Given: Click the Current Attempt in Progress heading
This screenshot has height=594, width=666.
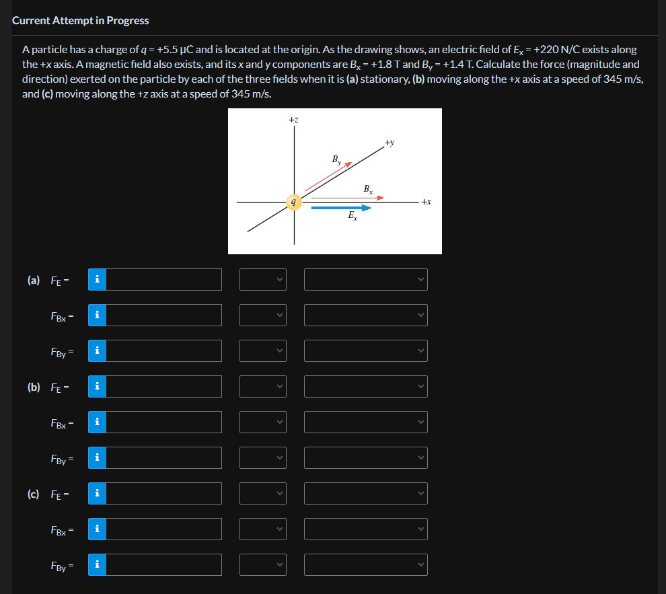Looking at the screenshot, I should [x=81, y=20].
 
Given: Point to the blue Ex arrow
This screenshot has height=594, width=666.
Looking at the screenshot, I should [x=340, y=208].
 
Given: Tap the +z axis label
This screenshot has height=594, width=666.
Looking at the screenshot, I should [x=293, y=120].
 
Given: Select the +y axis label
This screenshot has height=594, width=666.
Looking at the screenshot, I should [x=390, y=143].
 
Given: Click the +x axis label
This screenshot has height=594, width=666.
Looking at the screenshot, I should [x=426, y=201].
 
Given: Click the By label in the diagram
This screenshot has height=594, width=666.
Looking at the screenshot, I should [x=336, y=160].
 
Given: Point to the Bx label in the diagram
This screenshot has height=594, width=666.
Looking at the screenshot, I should [x=368, y=189].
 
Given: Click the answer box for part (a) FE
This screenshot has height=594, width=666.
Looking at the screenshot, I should [x=163, y=279].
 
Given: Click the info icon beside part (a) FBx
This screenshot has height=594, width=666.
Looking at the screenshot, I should [x=97, y=315].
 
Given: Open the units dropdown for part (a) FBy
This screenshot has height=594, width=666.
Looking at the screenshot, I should [x=263, y=350].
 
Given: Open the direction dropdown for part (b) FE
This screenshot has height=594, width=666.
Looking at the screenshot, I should [x=365, y=386].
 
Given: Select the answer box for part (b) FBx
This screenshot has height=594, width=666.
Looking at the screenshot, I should [x=163, y=422].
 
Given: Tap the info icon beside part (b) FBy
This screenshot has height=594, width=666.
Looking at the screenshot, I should [x=97, y=457].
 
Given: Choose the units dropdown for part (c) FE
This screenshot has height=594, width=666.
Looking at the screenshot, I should [x=263, y=493].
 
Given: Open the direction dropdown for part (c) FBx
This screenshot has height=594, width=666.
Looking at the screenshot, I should [x=365, y=529].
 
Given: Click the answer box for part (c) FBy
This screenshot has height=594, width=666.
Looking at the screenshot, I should [x=163, y=564].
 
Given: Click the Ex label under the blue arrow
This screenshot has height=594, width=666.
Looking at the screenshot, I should [x=353, y=217].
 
